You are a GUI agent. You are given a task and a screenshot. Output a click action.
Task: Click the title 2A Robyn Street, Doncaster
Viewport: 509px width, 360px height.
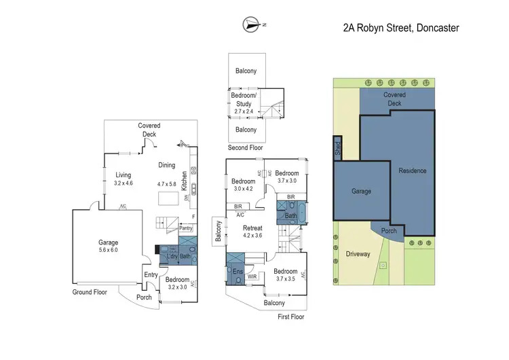[401, 29]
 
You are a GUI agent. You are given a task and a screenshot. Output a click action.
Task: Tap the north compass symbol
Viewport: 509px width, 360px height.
[252, 25]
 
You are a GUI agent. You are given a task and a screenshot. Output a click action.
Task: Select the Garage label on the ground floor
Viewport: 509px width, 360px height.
[107, 242]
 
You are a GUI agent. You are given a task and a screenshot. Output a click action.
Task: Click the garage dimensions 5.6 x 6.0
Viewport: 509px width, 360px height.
[107, 250]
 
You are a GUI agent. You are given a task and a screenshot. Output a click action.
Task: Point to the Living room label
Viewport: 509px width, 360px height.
[123, 175]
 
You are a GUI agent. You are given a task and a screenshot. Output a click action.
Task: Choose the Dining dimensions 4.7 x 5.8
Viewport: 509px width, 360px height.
[166, 183]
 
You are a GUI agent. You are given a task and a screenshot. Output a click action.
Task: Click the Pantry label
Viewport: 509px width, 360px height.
[185, 229]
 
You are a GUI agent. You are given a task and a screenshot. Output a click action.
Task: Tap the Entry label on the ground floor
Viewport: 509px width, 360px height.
[150, 274]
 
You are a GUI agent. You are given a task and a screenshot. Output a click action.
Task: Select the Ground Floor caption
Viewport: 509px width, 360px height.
[90, 292]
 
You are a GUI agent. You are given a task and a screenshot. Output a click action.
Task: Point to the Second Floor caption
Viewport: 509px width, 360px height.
[245, 147]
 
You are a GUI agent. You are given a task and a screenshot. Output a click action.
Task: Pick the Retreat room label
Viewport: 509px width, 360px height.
[252, 228]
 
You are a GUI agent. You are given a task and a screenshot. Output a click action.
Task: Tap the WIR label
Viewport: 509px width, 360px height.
[252, 277]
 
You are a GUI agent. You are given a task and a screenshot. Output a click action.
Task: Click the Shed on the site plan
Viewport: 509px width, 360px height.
[337, 147]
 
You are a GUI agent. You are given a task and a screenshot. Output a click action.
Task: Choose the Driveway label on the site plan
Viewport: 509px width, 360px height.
[358, 254]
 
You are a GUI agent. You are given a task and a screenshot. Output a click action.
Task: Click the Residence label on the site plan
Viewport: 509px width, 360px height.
[412, 170]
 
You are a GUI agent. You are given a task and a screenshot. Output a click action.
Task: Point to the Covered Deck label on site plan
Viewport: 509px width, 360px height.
[394, 99]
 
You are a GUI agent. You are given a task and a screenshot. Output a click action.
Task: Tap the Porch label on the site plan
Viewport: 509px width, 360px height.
[389, 230]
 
